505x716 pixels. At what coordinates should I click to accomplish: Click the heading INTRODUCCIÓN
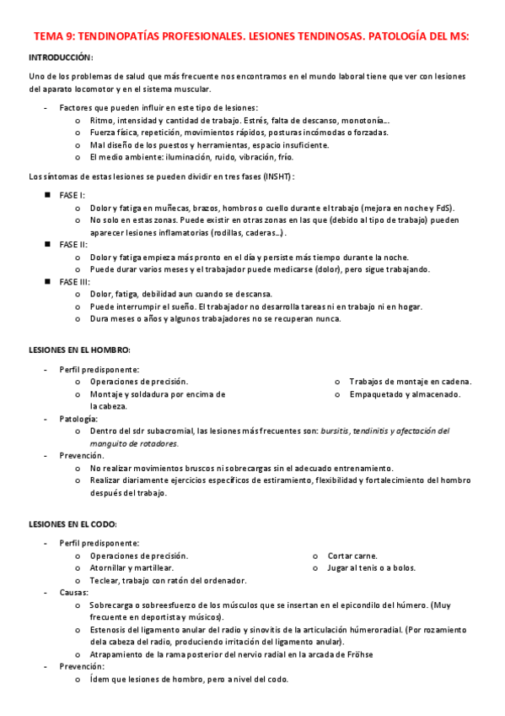(x=61, y=57)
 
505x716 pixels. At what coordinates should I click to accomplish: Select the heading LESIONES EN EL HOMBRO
(x=79, y=350)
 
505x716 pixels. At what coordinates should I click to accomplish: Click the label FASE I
(x=73, y=195)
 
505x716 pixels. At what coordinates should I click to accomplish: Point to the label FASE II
(x=74, y=245)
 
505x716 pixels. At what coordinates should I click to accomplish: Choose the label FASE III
(x=75, y=281)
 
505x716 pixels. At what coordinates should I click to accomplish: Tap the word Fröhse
(x=357, y=654)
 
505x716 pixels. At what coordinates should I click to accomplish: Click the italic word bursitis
(x=339, y=431)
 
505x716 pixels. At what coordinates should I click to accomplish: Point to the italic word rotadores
(x=155, y=442)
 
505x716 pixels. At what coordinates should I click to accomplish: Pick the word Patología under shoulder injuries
(x=78, y=419)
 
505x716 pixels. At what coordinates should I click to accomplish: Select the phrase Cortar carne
(x=352, y=556)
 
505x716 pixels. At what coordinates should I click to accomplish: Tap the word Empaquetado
(x=376, y=394)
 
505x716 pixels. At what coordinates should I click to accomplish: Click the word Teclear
(x=105, y=580)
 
